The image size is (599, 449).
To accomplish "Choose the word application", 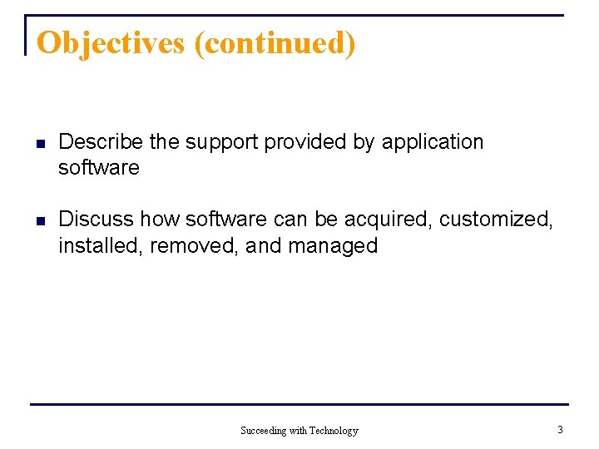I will pyautogui.click(x=432, y=142).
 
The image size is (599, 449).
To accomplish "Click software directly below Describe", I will pyautogui.click(x=98, y=168).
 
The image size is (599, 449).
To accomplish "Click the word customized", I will pyautogui.click(x=495, y=220).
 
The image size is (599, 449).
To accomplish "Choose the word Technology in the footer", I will pyautogui.click(x=334, y=431).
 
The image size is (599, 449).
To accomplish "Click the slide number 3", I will pyautogui.click(x=560, y=430).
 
